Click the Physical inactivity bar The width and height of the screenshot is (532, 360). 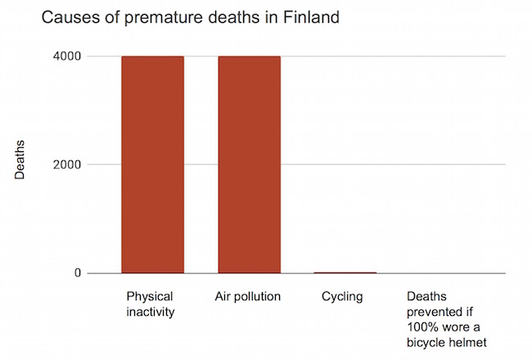(x=152, y=164)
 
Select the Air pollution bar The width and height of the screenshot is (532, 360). (x=249, y=164)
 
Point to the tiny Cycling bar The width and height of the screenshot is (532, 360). (x=345, y=272)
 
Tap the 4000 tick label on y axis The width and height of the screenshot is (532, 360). (x=68, y=56)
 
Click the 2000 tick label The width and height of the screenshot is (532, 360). (x=68, y=164)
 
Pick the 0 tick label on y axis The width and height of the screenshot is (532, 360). (x=78, y=272)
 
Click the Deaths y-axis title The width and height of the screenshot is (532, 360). (x=21, y=160)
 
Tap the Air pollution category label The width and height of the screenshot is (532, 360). (x=247, y=295)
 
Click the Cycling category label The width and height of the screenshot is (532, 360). (x=342, y=295)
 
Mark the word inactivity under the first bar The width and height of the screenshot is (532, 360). (x=151, y=311)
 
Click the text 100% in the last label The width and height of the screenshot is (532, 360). (x=422, y=326)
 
